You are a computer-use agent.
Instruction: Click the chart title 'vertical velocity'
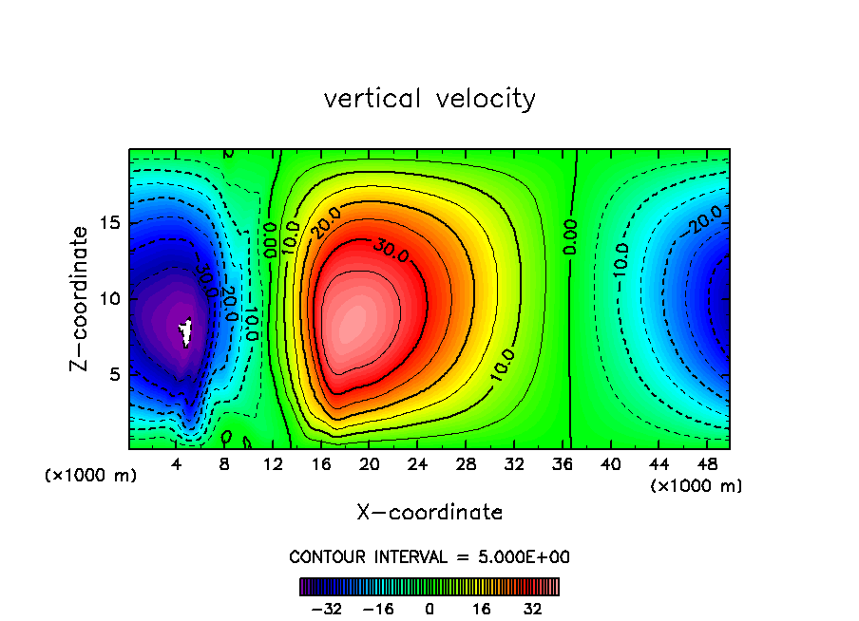click(429, 99)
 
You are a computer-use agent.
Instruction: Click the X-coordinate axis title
click(429, 513)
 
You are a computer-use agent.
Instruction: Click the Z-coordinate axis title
click(84, 298)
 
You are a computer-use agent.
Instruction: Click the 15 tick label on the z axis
click(111, 222)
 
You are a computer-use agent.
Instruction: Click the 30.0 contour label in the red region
click(390, 252)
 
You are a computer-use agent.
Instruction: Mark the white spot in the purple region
click(186, 331)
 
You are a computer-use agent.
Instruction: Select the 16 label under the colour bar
click(482, 609)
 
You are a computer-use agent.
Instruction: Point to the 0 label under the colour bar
click(429, 609)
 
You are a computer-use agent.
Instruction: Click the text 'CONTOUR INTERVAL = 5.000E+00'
click(429, 557)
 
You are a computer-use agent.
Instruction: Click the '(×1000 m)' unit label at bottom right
click(696, 486)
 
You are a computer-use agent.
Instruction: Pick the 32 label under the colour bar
click(533, 609)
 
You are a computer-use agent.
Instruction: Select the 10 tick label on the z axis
click(111, 298)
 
